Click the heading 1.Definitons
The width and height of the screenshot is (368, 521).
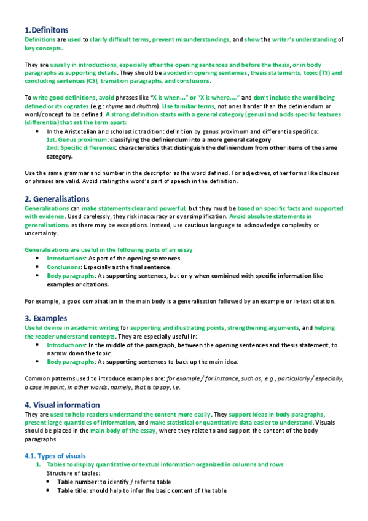(46, 29)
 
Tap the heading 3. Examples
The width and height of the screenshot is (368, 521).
(46, 318)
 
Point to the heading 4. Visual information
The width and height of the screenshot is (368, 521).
(61, 405)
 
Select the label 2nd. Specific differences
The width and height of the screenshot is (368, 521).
(80, 148)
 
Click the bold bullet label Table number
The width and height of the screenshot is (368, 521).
(77, 482)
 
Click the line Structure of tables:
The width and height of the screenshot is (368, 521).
(71, 473)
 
